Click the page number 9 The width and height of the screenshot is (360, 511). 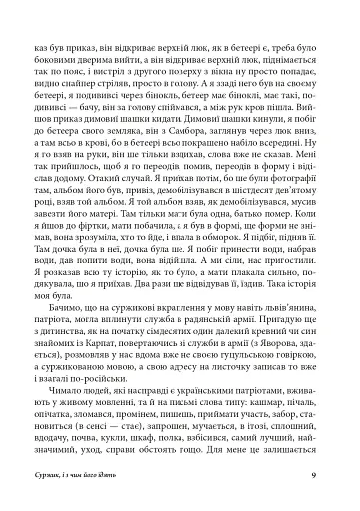point(313,475)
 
